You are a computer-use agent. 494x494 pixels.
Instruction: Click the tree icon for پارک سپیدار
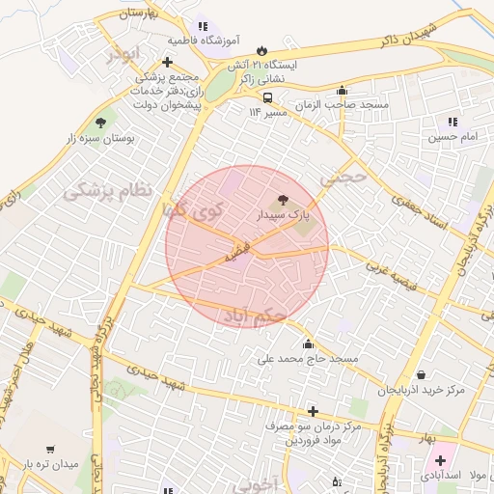(x=282, y=199)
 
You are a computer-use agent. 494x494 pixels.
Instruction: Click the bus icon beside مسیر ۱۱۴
(x=267, y=97)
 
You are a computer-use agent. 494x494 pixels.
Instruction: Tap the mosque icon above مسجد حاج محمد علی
(x=308, y=343)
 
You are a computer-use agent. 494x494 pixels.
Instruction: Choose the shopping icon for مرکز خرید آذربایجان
(x=421, y=375)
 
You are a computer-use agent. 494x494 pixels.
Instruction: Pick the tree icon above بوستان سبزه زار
(x=101, y=123)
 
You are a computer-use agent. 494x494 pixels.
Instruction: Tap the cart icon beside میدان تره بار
(x=50, y=450)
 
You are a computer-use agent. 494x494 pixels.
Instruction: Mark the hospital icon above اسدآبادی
(x=440, y=460)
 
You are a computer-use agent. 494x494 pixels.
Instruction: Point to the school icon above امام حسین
(x=452, y=122)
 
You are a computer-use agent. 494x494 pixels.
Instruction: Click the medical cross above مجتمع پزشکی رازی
(x=167, y=62)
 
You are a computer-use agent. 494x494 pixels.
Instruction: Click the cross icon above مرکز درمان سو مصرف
(x=312, y=411)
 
